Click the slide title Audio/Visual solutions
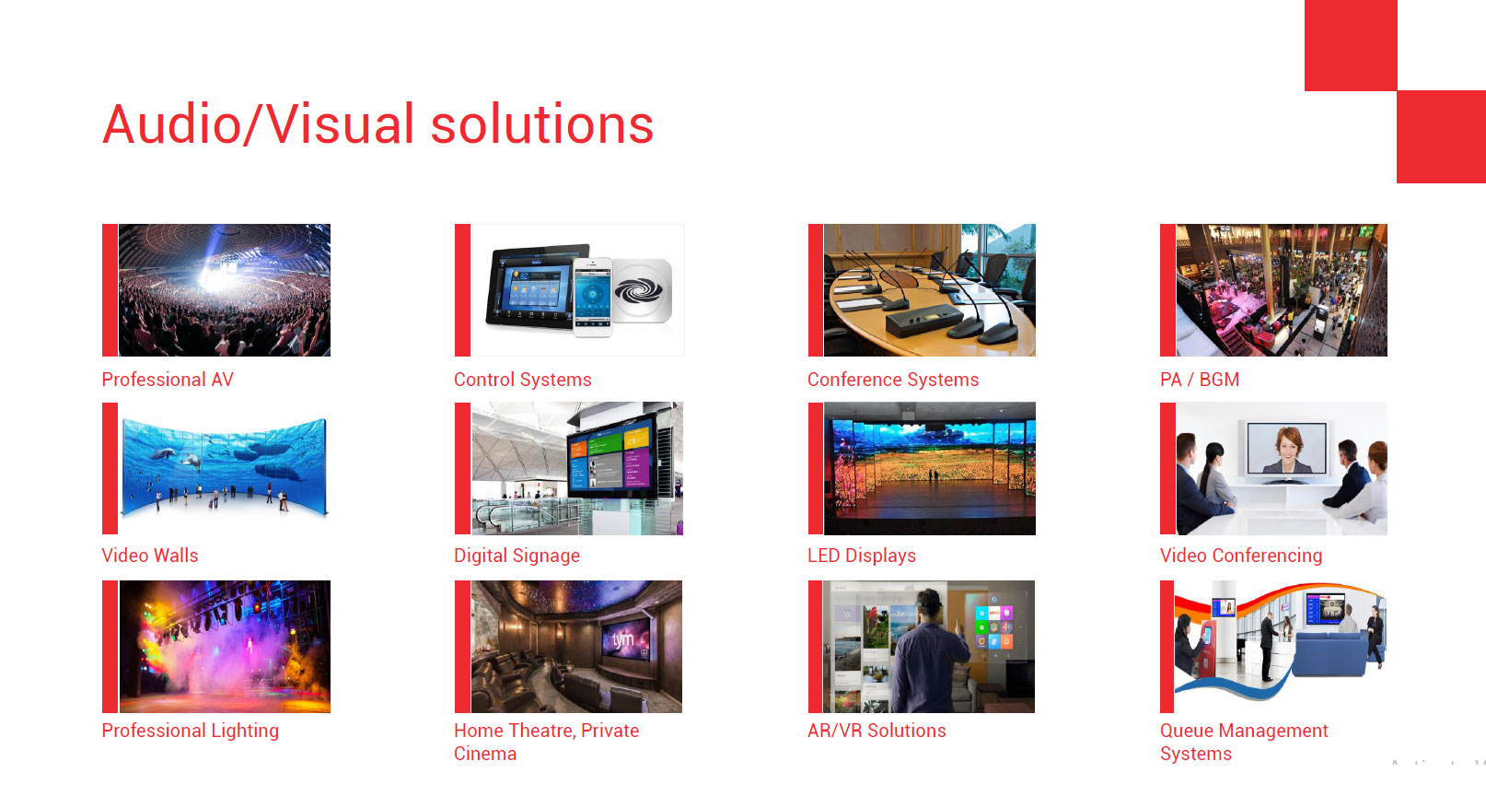378,124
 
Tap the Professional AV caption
168,379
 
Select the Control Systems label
523,379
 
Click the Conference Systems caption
893,379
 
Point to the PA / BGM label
1200,379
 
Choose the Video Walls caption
150,555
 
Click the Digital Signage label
517,556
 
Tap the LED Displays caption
862,556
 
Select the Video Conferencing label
1241,556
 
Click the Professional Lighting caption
191,731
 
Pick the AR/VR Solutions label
877,731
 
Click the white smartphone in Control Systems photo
592,297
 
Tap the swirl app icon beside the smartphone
642,291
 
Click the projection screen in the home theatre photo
625,639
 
